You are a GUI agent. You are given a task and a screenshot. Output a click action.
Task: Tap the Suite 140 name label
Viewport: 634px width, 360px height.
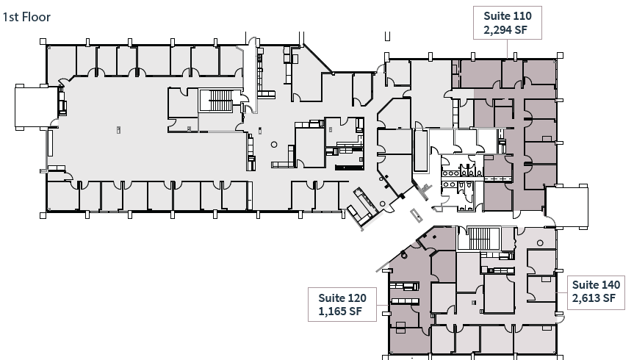(x=597, y=284)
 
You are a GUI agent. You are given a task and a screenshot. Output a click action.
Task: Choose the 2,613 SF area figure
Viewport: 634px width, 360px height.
(x=597, y=298)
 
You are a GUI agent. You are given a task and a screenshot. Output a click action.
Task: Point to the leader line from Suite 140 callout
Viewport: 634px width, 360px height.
(x=561, y=291)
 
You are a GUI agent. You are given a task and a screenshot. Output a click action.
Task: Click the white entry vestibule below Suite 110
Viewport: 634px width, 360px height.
(x=566, y=208)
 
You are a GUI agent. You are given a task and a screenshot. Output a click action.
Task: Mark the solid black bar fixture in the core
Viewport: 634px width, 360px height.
(x=350, y=168)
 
